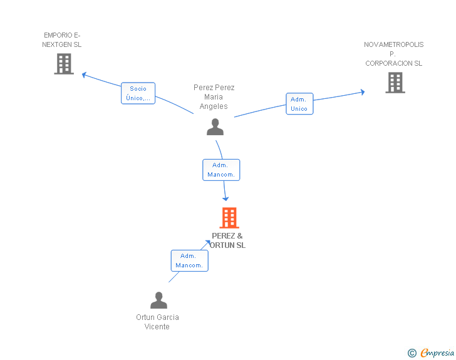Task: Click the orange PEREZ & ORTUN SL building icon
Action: tap(229, 217)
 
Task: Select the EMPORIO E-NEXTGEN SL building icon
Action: tap(64, 64)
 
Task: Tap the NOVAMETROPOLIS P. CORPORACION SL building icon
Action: tap(395, 83)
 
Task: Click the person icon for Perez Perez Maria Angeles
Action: tap(215, 127)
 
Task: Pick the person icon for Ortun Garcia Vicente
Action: tap(159, 300)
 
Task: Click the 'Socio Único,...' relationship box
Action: tap(138, 93)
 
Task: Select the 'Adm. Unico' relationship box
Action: tap(299, 104)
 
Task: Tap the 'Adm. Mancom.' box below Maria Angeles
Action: tap(221, 170)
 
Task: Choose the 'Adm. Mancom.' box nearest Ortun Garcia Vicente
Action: tap(190, 260)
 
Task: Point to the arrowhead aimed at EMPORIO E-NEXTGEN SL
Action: tap(84, 75)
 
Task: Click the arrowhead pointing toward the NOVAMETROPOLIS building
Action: tap(363, 92)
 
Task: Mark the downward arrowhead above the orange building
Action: tap(225, 199)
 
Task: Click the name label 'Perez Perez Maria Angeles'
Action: tap(214, 97)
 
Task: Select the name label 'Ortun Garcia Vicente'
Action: tap(157, 322)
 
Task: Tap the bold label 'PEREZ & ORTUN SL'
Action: tap(227, 240)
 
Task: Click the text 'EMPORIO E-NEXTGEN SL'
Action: tap(61, 40)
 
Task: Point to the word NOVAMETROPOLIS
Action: tap(394, 44)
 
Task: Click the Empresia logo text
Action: tap(437, 352)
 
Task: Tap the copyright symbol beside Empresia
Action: tap(412, 353)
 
